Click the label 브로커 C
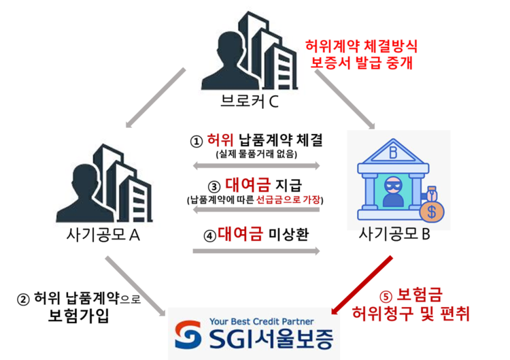point(249,101)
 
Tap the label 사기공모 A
point(103,234)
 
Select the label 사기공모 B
point(394,233)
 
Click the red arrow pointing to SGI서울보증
point(361,285)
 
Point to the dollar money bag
point(432,205)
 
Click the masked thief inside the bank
point(393,191)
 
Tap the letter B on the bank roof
point(393,152)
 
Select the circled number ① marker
point(197,142)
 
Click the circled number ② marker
point(23,299)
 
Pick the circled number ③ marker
point(214,187)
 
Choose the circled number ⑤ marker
point(386,297)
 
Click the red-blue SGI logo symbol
point(188,335)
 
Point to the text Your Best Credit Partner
point(262,322)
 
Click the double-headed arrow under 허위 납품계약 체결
point(256,165)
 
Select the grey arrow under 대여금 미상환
point(256,251)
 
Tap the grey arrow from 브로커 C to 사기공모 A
point(156,98)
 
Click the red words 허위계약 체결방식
point(361,46)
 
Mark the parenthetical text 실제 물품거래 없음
point(256,154)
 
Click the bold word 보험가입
point(79,316)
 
